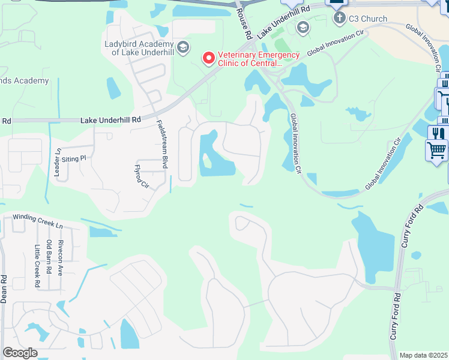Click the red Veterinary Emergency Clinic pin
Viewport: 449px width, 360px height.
click(209, 58)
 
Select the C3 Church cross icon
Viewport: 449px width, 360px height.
click(340, 18)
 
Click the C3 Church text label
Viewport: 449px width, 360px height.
click(369, 19)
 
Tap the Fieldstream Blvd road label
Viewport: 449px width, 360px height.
click(161, 144)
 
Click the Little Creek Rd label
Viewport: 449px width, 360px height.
click(37, 266)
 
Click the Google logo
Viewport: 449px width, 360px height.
click(20, 353)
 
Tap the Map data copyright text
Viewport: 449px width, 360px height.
click(423, 355)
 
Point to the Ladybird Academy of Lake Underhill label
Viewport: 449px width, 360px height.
click(139, 47)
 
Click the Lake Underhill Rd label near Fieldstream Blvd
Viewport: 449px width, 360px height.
click(110, 120)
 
